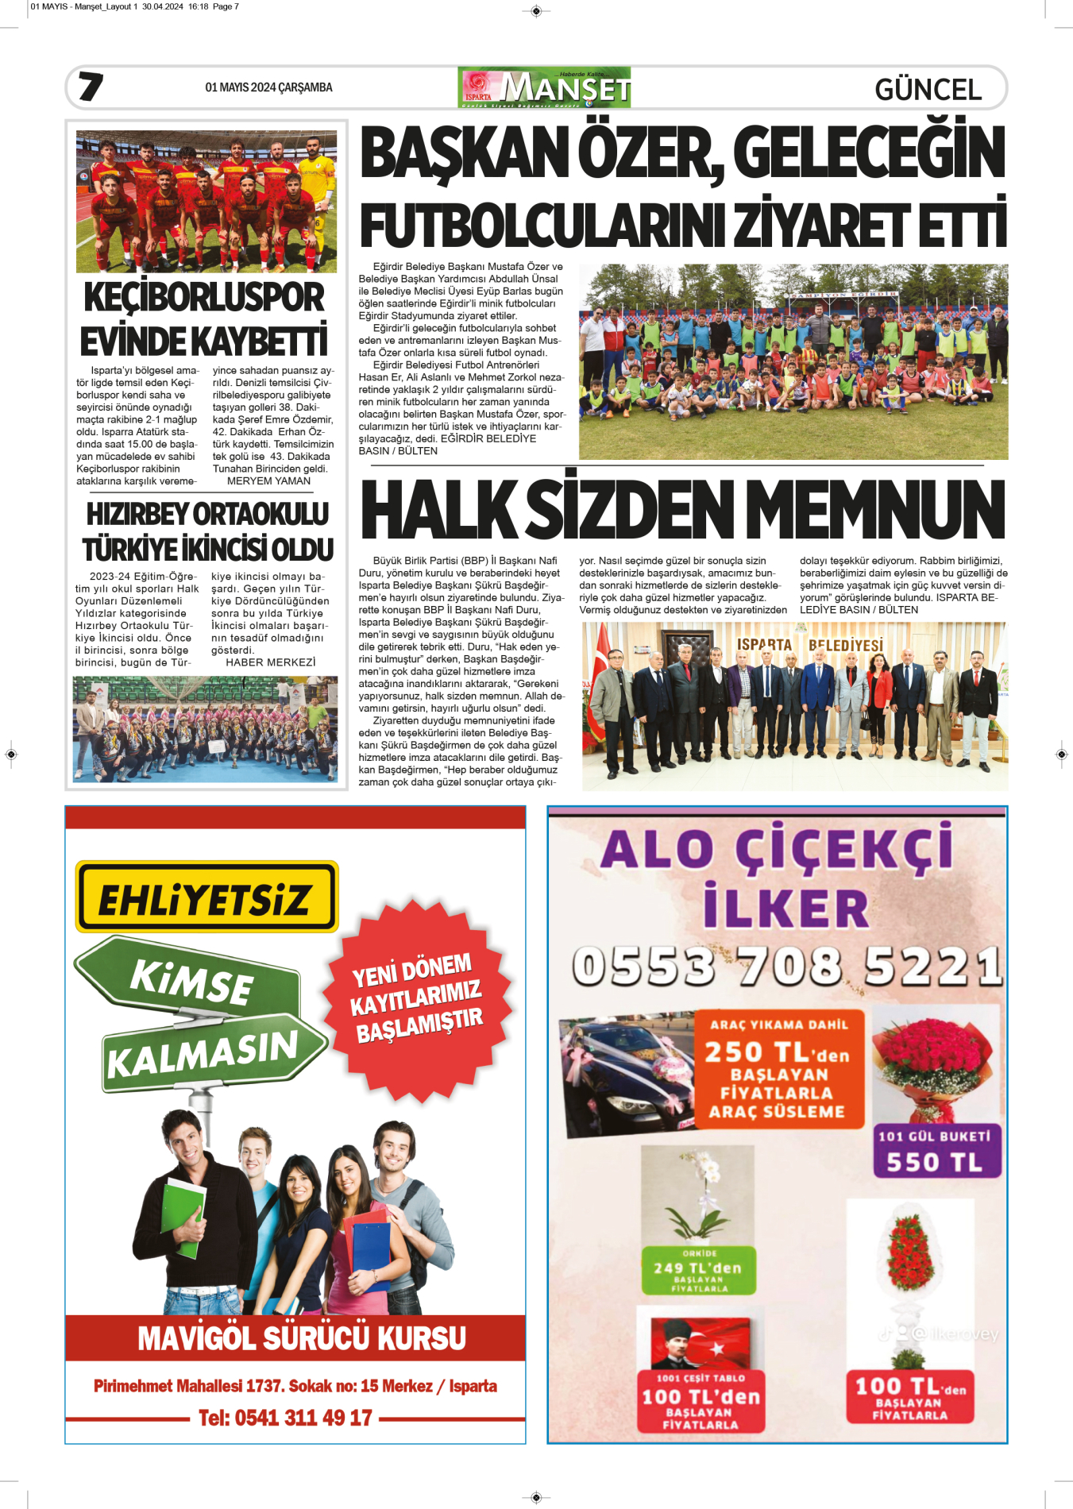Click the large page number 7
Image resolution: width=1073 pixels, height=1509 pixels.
pyautogui.click(x=91, y=87)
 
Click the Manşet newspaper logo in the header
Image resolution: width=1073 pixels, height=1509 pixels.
pyautogui.click(x=544, y=87)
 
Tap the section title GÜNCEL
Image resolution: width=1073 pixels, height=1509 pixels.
pyautogui.click(x=928, y=90)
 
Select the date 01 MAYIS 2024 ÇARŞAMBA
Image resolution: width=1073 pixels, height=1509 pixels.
pyautogui.click(x=268, y=87)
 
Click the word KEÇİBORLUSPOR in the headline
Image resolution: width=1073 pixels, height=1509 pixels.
pyautogui.click(x=204, y=298)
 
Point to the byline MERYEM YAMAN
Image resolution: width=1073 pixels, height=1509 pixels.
pyautogui.click(x=268, y=481)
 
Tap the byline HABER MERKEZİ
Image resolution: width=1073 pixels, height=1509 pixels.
pyautogui.click(x=270, y=662)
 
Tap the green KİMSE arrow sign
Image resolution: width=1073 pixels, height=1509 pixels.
pyautogui.click(x=191, y=979)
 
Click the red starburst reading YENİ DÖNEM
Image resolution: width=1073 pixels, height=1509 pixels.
pyautogui.click(x=417, y=998)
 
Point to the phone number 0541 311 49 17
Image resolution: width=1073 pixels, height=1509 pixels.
pyautogui.click(x=285, y=1418)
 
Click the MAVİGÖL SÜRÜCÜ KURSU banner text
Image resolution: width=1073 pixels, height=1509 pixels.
pyautogui.click(x=301, y=1338)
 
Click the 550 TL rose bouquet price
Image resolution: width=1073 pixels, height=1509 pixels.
pyautogui.click(x=935, y=1162)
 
